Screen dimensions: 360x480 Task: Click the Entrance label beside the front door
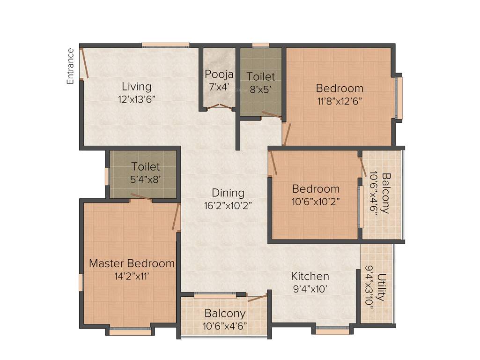(71, 66)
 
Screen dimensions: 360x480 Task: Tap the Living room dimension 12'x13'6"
(136, 99)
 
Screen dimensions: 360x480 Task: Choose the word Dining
(228, 193)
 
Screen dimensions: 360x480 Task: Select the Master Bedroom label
(132, 263)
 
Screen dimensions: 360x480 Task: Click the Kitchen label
(310, 276)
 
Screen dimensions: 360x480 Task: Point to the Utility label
(382, 287)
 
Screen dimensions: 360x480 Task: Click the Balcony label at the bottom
(225, 313)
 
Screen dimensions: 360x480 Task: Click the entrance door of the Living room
(85, 62)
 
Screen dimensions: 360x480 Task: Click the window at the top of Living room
(165, 45)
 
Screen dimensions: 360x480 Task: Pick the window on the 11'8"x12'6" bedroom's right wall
(399, 98)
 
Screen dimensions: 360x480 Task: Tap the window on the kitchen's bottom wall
(332, 331)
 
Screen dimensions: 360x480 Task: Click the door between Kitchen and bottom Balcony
(257, 298)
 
